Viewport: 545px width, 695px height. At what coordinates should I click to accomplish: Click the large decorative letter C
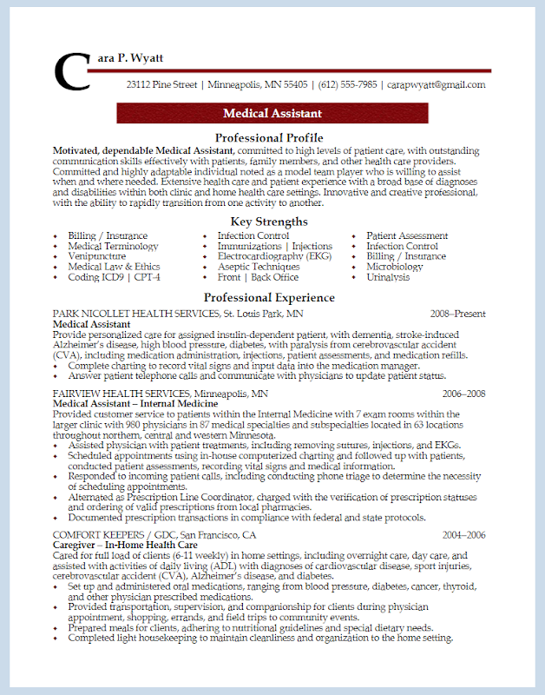click(71, 72)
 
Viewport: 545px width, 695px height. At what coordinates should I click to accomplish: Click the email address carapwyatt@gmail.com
click(436, 85)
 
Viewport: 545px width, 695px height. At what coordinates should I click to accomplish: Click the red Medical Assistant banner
click(272, 114)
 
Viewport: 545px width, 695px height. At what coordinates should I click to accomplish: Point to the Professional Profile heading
click(269, 137)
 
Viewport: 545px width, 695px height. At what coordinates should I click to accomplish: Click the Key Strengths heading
click(269, 222)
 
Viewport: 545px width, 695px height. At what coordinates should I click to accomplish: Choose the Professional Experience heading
click(269, 297)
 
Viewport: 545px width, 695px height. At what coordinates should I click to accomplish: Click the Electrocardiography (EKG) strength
click(274, 256)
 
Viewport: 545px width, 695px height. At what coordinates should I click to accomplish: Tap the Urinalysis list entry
click(388, 277)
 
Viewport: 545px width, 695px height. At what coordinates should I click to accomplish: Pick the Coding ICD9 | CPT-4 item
click(113, 277)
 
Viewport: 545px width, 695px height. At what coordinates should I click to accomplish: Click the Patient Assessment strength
click(407, 235)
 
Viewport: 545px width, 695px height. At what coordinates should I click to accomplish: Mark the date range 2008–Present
click(457, 314)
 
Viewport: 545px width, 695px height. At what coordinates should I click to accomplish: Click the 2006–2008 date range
click(463, 394)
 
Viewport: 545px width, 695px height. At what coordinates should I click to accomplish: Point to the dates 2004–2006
click(463, 534)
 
